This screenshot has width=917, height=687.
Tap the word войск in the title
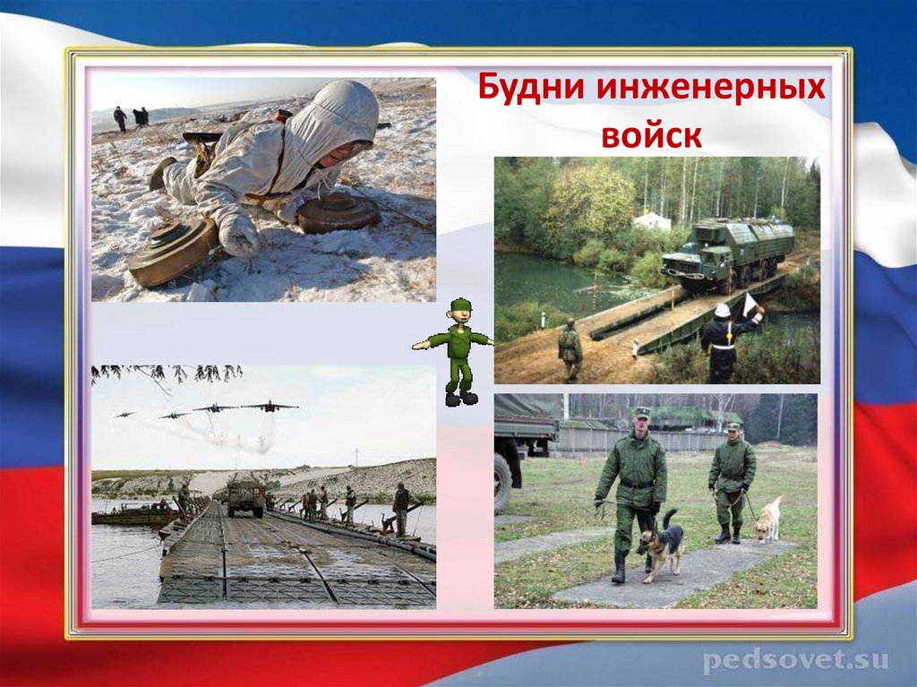coord(651,134)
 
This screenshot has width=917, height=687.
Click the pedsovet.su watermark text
coord(795,661)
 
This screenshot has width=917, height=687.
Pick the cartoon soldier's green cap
coord(459,305)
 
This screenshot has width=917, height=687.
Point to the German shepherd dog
coord(660,545)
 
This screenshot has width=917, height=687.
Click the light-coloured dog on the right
coord(767,520)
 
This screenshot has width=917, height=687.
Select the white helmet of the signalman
coord(722,311)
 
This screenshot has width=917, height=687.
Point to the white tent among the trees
coord(652,220)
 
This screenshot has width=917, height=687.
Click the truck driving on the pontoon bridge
coord(245,495)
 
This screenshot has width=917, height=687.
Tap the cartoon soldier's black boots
coord(460,398)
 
